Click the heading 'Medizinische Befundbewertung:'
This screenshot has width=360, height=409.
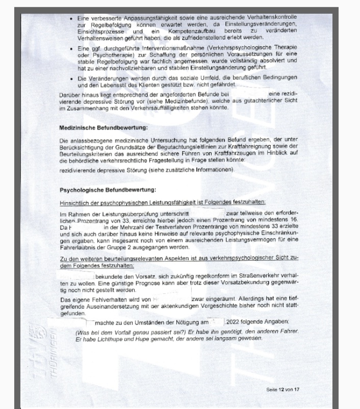tap(104, 127)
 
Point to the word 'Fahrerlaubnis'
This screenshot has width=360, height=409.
tap(80, 247)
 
